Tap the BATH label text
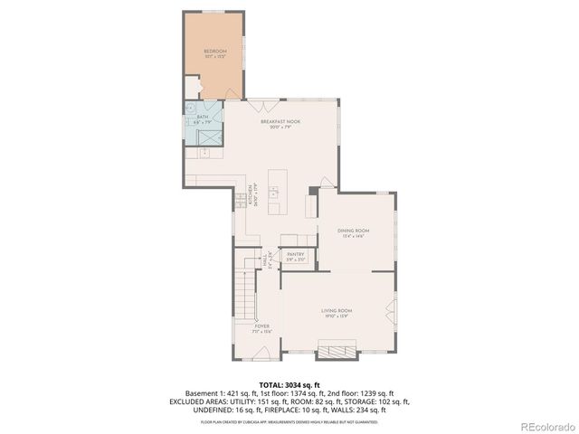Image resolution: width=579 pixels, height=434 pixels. click(x=201, y=118)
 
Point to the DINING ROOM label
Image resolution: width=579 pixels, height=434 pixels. click(x=354, y=232)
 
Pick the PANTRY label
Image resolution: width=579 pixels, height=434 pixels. click(x=296, y=256)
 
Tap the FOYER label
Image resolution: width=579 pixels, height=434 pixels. click(x=262, y=328)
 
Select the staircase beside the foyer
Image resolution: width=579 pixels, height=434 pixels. click(x=244, y=290)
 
